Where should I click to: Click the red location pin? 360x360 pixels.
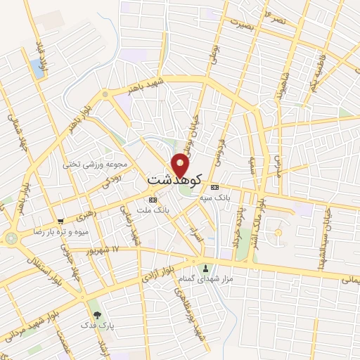point(181,165)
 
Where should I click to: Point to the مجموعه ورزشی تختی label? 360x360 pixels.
point(97,165)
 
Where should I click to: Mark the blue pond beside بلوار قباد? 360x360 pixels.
point(36,67)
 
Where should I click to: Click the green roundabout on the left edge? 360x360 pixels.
point(11,238)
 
